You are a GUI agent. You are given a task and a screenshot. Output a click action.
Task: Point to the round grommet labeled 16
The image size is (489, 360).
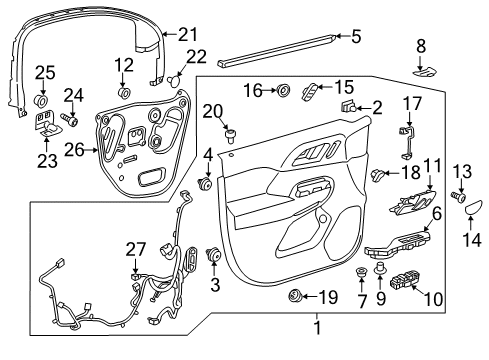coord(282,91)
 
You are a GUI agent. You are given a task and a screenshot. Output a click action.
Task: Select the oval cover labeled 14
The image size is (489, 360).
coord(473,213)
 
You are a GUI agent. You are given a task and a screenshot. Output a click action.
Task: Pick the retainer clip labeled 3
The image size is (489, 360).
coord(213,255)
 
